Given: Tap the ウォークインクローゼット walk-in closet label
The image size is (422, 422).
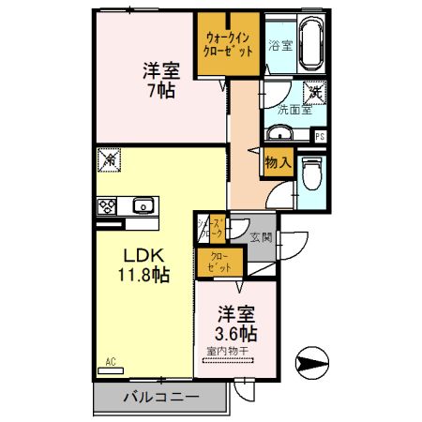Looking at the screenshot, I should point(229,44).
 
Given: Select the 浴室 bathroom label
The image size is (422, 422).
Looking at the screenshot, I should point(279,44).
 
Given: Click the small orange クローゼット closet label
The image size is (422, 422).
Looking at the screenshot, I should point(217,262).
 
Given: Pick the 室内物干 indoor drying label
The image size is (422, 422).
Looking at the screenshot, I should point(229,353).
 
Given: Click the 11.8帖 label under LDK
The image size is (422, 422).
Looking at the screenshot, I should point(143,276).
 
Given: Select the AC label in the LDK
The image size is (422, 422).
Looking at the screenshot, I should point(110,361).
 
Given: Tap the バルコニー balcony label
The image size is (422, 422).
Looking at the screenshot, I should point(161,398).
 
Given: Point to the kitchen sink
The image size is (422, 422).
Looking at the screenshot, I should point(143,206).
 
